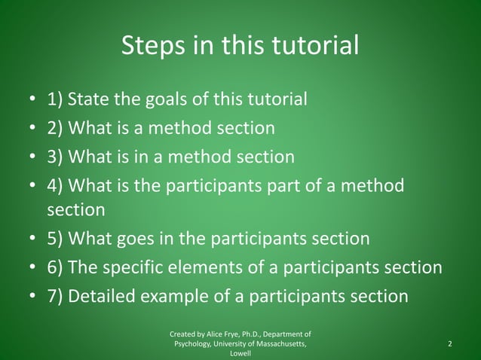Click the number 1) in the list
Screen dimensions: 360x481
[x=56, y=100]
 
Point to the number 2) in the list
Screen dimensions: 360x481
[x=56, y=129]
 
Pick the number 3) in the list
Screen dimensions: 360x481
[x=56, y=157]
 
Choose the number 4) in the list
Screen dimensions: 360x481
[x=56, y=185]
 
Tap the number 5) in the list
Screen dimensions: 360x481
[x=56, y=239]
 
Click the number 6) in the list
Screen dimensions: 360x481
[x=56, y=268]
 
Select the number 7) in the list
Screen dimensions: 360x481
[x=56, y=296]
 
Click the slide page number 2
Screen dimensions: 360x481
[x=449, y=344]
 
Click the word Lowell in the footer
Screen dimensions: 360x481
[x=240, y=354]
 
